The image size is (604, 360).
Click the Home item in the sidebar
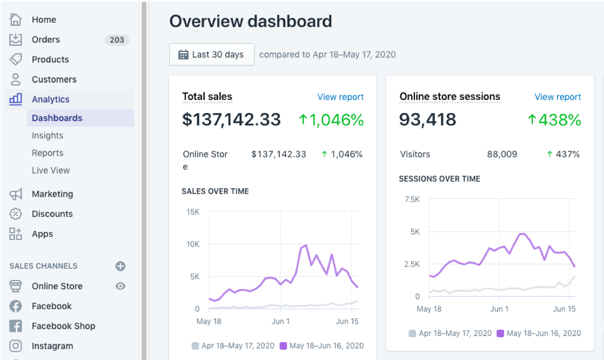[43, 19]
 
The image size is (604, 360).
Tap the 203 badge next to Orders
[117, 39]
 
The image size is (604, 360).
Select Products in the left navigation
[50, 59]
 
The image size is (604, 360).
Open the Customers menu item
[53, 79]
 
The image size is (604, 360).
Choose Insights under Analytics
[48, 136]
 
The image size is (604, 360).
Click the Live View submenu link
[51, 170]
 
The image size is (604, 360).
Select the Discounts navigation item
[52, 214]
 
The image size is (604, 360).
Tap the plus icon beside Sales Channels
[120, 266]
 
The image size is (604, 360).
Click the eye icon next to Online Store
[120, 286]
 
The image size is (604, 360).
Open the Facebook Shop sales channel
[63, 326]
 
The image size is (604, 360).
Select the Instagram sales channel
[52, 346]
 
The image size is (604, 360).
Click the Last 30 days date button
[212, 55]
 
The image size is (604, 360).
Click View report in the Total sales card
[340, 97]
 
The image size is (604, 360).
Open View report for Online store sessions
[558, 97]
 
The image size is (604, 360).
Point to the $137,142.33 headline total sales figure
[231, 119]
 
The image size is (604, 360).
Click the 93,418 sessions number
[427, 119]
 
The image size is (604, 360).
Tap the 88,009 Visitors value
[502, 154]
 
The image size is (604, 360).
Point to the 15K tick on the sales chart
[193, 212]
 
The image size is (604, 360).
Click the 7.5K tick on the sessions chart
[412, 199]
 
